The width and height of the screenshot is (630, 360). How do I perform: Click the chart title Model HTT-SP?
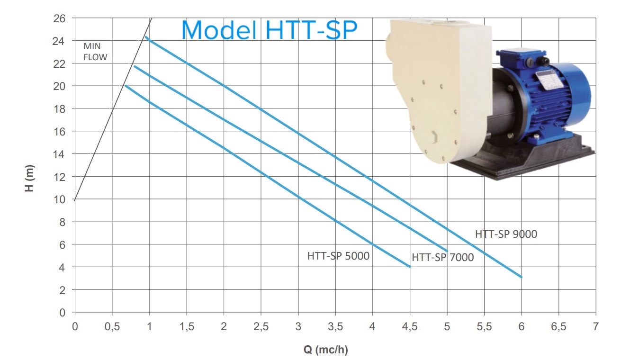(270, 30)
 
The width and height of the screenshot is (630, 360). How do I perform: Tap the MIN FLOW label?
(95, 52)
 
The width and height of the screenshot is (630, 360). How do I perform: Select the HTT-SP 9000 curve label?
(506, 234)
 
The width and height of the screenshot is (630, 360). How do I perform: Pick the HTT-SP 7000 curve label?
(443, 257)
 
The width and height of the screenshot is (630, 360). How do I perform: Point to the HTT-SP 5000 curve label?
(338, 256)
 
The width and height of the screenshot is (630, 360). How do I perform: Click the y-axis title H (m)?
(30, 178)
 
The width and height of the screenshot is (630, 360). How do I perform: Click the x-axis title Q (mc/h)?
(326, 350)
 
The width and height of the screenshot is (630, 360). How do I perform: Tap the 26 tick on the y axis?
(59, 18)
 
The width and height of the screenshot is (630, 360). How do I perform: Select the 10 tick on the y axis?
(59, 199)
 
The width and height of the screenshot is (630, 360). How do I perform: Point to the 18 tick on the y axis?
(59, 109)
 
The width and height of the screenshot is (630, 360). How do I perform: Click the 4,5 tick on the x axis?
(410, 326)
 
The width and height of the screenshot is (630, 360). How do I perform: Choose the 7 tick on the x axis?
(596, 326)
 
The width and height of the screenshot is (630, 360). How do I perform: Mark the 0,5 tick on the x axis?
(112, 326)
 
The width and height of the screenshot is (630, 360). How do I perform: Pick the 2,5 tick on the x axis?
(261, 326)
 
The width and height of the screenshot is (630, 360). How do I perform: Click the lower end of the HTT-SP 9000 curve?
(522, 277)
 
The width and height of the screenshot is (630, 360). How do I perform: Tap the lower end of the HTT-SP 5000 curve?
(410, 267)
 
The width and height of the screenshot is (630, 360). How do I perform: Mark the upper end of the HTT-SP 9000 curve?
(146, 37)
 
